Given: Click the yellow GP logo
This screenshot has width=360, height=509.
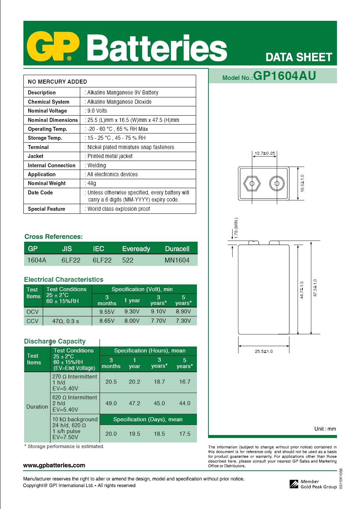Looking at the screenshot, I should click(x=53, y=46).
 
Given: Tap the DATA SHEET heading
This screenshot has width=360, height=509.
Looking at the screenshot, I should click(x=299, y=57).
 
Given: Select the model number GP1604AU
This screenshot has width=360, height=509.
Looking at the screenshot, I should click(x=284, y=76).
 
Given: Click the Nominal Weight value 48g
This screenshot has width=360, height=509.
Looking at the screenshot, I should click(x=92, y=183).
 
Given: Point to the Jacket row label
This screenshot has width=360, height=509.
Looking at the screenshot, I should click(x=36, y=156).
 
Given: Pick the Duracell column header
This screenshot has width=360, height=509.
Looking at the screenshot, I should click(x=177, y=249).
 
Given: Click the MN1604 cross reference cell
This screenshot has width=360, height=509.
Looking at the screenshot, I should click(x=177, y=260).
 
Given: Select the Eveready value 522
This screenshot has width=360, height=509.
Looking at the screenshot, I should click(x=128, y=260).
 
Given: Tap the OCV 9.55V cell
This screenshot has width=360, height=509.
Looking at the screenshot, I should click(x=107, y=312).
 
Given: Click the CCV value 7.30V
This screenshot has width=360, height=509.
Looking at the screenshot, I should click(x=184, y=320).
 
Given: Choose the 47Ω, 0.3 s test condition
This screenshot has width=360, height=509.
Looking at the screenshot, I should click(x=66, y=321).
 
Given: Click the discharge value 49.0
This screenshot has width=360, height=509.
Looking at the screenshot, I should click(x=111, y=403).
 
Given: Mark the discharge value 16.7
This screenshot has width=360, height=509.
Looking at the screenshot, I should click(x=185, y=382).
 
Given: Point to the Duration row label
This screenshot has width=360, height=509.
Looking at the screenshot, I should click(x=37, y=407).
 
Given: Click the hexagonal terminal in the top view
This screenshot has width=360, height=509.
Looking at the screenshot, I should click(x=252, y=183).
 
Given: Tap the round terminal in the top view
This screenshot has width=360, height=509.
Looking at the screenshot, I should click(x=277, y=183).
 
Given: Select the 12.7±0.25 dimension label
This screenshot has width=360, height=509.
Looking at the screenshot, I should click(x=265, y=153).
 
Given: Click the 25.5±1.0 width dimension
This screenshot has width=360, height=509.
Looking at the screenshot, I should click(x=264, y=351).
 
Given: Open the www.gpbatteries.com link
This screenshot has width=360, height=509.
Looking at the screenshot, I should click(x=54, y=465).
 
